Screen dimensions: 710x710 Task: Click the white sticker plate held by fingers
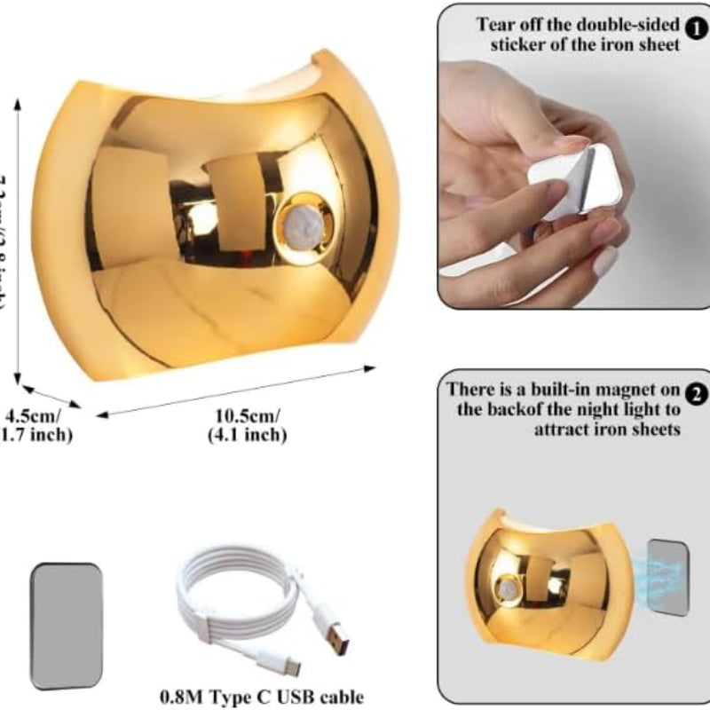572,185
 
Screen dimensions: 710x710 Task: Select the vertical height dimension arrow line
19,240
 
